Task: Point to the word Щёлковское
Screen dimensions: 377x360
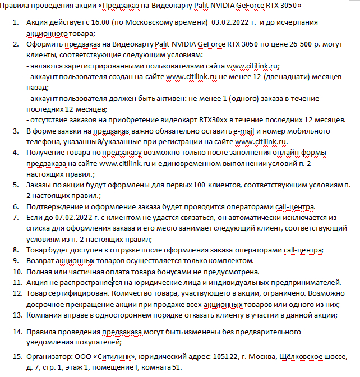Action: point(303,357)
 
